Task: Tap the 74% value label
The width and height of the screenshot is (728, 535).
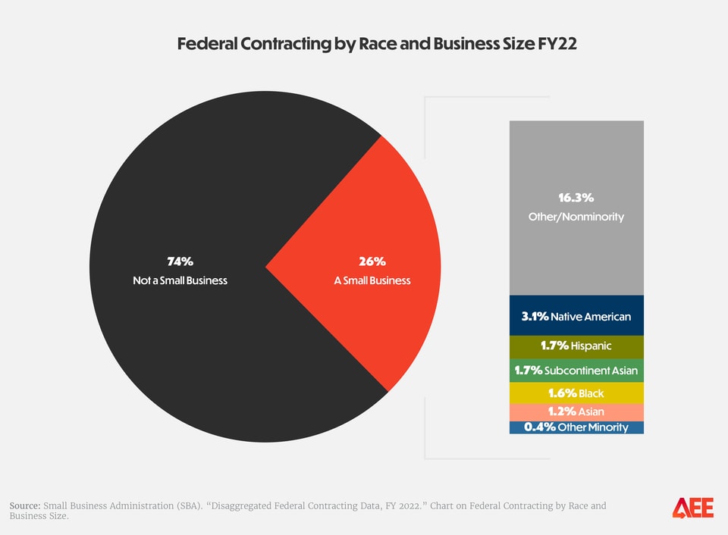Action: pos(180,261)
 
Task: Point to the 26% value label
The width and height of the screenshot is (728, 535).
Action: pos(372,261)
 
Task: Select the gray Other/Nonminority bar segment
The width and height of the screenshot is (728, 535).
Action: pos(576,167)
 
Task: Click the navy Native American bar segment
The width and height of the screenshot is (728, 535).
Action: pos(576,316)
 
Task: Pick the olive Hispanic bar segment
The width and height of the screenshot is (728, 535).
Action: pos(576,346)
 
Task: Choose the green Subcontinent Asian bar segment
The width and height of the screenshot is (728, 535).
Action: pos(576,371)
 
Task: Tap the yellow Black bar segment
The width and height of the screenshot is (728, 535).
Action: pos(576,393)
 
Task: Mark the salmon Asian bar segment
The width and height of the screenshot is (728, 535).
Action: pos(576,411)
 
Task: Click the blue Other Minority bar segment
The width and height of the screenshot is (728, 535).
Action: pos(576,427)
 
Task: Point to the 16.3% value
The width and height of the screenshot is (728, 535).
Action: pos(576,199)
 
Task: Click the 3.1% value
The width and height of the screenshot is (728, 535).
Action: pos(535,316)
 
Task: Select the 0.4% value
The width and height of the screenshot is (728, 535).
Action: pos(539,427)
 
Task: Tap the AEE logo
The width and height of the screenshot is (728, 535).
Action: pos(692,508)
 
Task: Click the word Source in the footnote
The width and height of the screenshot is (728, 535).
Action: pos(25,505)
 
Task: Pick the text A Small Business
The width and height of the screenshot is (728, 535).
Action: pos(372,280)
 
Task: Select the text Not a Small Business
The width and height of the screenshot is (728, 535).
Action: pos(180,280)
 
